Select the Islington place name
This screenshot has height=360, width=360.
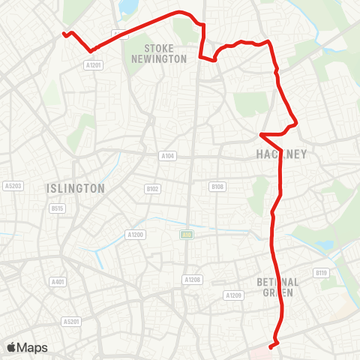pyautogui.click(x=75, y=188)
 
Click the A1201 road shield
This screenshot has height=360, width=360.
pyautogui.click(x=93, y=65)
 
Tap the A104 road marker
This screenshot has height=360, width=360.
pyautogui.click(x=167, y=156)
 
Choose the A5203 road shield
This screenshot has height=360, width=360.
pyautogui.click(x=12, y=185)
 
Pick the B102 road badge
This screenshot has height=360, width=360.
pyautogui.click(x=153, y=189)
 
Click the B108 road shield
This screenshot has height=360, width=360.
pyautogui.click(x=217, y=186)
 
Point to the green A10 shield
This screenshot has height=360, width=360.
pyautogui.click(x=184, y=235)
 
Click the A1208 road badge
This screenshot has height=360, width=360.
pyautogui.click(x=192, y=279)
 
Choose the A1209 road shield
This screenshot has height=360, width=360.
pyautogui.click(x=232, y=295)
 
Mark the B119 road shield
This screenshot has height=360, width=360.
pyautogui.click(x=322, y=273)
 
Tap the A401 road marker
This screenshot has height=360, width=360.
pyautogui.click(x=58, y=282)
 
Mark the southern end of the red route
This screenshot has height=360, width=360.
pyautogui.click(x=270, y=345)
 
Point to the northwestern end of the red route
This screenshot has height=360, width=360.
pyautogui.click(x=64, y=34)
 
